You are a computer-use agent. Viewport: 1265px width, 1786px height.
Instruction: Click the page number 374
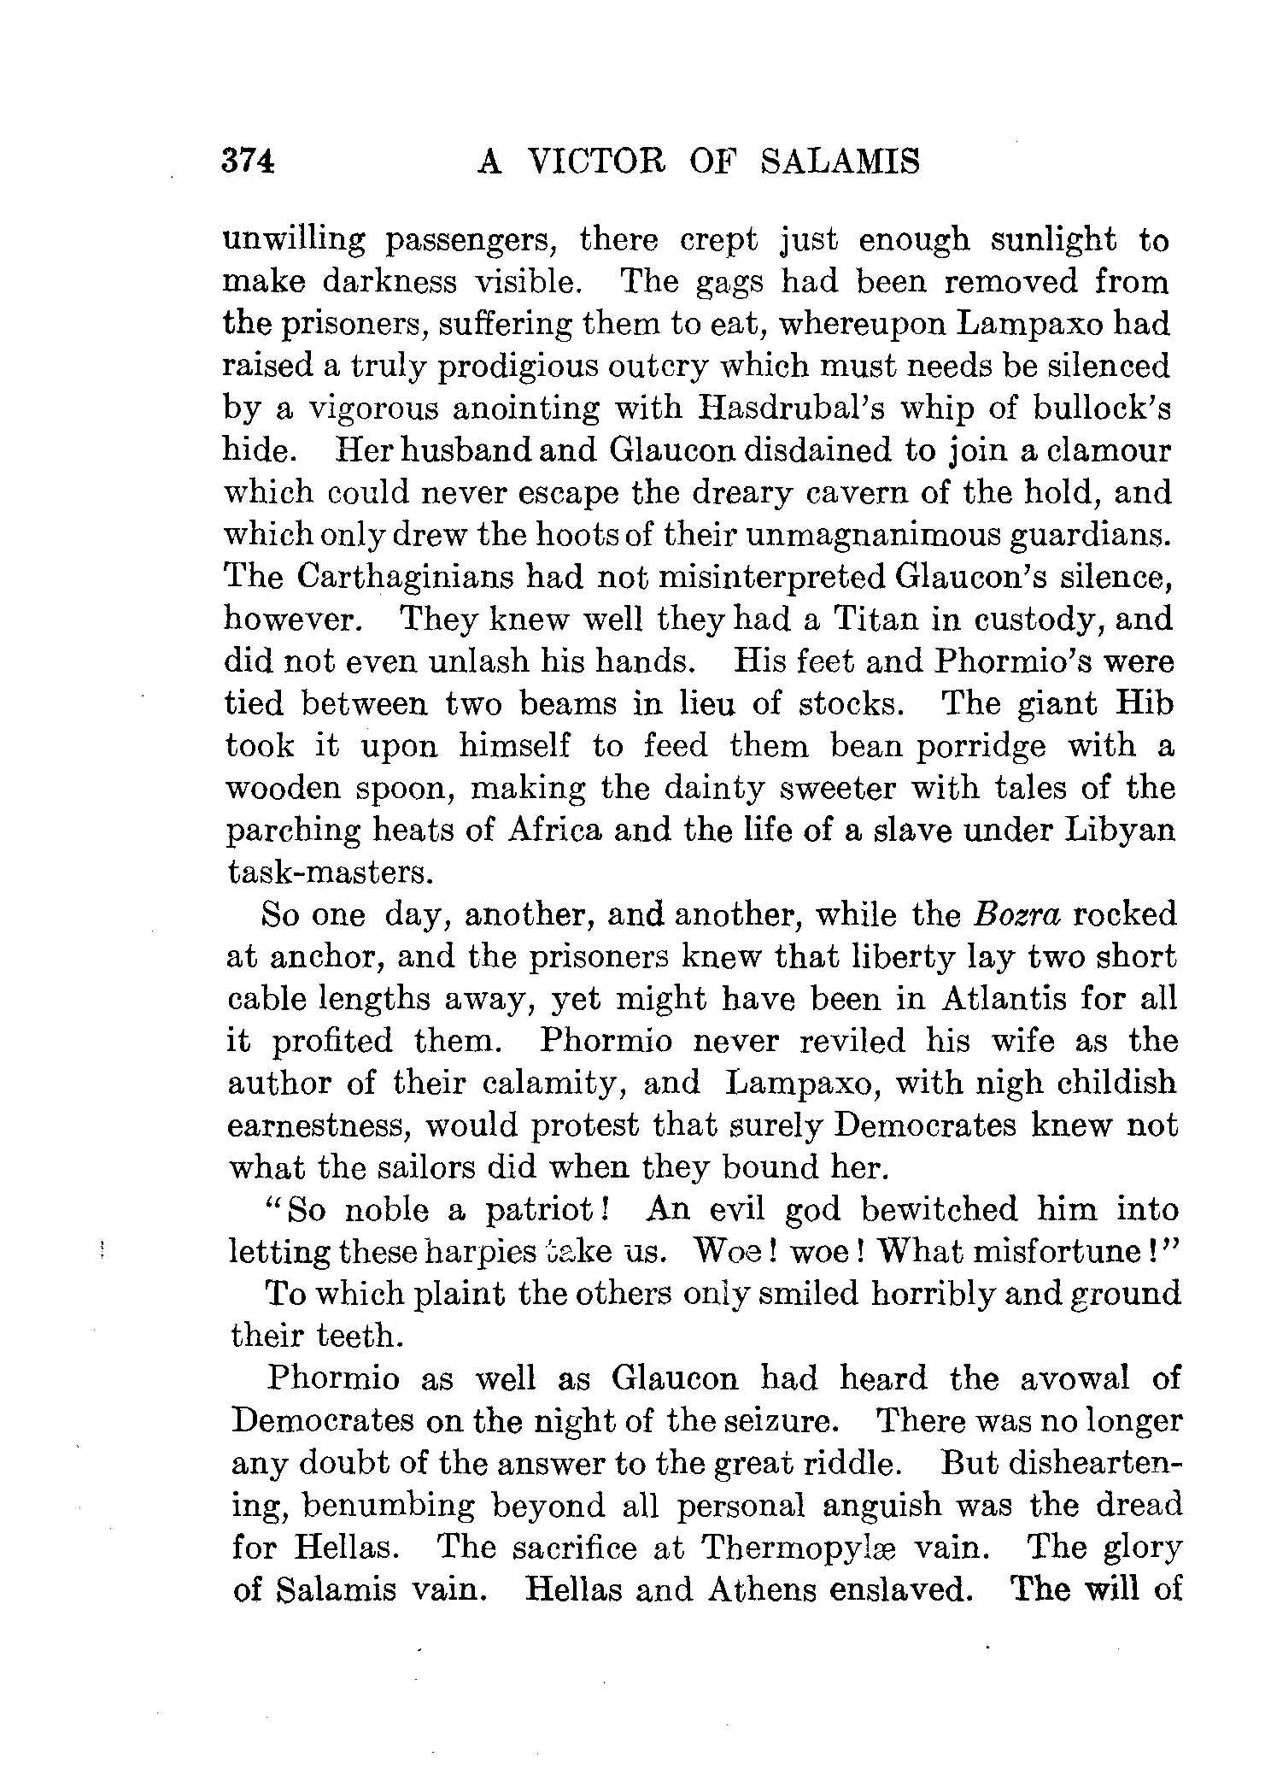click(248, 160)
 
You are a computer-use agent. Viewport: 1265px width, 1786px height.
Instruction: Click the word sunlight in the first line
click(1052, 240)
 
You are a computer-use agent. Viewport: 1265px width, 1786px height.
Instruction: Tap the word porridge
click(981, 746)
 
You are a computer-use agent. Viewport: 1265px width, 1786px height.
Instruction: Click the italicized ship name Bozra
click(1016, 915)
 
